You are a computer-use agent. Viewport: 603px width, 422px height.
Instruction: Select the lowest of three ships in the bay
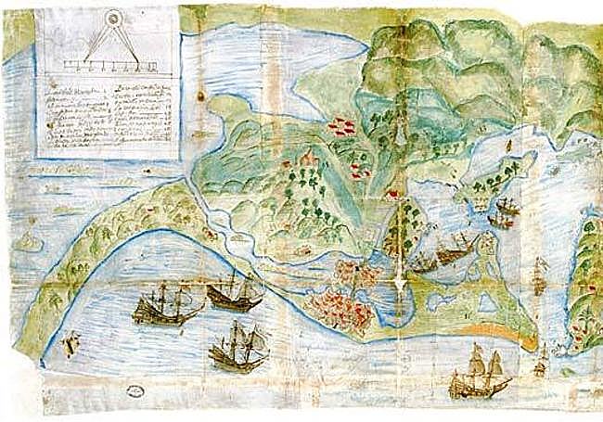coord(236,349)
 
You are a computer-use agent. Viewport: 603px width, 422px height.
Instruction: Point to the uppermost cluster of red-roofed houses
coord(340,126)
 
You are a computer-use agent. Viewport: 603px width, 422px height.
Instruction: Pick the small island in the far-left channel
coord(28,243)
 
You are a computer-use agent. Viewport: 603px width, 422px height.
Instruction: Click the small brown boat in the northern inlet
coord(511,145)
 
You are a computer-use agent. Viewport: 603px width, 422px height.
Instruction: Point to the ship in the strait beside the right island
coord(539,279)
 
